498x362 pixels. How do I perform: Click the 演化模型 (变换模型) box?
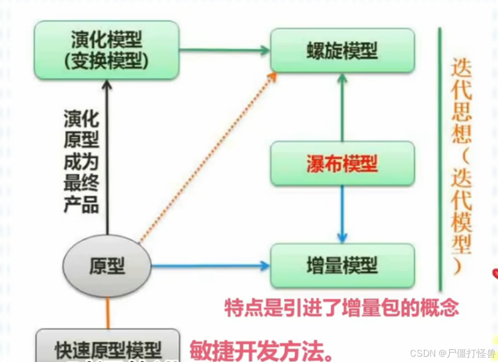[106, 50]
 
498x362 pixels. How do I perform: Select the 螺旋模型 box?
[342, 51]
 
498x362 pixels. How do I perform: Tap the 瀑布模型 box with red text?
[342, 164]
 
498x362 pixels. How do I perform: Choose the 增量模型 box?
[342, 266]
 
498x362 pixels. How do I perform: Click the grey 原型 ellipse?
[107, 266]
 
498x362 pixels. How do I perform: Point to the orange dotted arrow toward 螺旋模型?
[207, 157]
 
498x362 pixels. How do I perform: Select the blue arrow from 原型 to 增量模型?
[210, 266]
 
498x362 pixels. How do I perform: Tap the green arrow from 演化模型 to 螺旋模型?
[224, 51]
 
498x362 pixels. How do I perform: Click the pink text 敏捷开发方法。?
[262, 350]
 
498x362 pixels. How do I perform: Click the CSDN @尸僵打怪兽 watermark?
[452, 353]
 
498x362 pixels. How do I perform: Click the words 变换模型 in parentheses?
[107, 59]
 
